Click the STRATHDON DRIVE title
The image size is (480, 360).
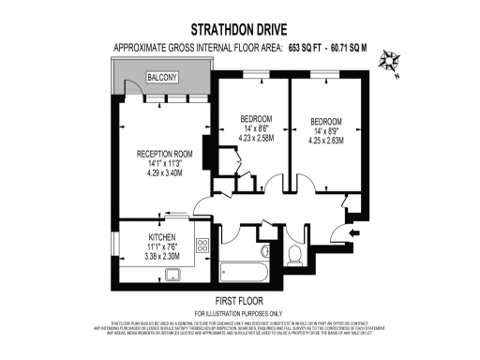(x=238, y=28)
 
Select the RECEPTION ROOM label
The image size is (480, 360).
(x=164, y=154)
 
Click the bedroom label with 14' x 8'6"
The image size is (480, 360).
(x=257, y=119)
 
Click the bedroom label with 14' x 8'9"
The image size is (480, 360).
(x=325, y=122)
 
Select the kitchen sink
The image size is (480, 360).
(x=172, y=274)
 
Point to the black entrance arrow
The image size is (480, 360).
(x=352, y=232)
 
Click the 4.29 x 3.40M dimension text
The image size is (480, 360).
(x=164, y=173)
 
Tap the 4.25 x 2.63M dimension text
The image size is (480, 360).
(x=325, y=142)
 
